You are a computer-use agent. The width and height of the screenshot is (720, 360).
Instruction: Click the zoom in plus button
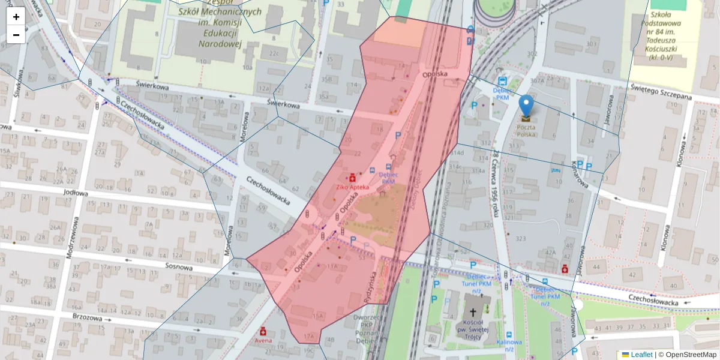pos(16,16)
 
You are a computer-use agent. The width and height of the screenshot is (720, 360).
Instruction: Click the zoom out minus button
pos(16,35)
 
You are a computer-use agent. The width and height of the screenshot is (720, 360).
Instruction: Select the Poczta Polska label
pos(526,130)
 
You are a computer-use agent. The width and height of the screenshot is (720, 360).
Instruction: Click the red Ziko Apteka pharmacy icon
pos(352,178)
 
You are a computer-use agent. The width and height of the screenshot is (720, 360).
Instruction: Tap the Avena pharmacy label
pos(263,341)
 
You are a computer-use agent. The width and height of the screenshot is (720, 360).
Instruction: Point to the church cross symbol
pos(473,312)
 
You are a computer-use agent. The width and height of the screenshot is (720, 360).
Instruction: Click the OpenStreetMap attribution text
pos(687,355)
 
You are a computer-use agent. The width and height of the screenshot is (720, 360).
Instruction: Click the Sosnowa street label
pos(178,268)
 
